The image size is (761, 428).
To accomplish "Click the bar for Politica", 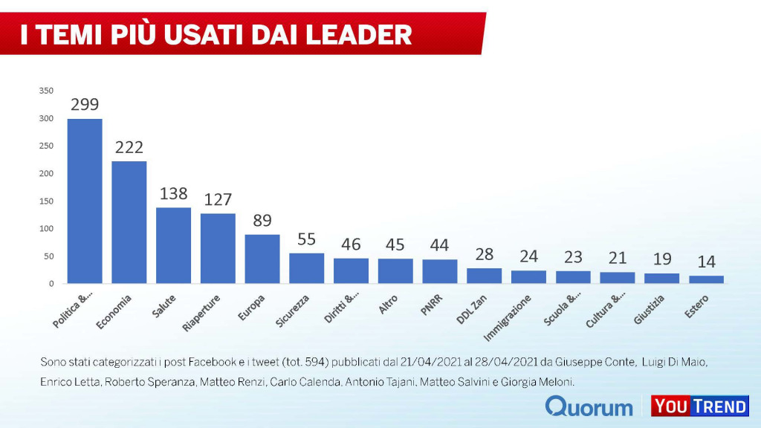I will click(x=85, y=201).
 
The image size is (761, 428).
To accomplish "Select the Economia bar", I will click(x=129, y=222).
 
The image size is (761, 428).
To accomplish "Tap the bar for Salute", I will click(x=173, y=245).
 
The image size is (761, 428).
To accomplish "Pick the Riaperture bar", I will click(x=218, y=248).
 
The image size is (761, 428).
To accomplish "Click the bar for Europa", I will click(x=262, y=259).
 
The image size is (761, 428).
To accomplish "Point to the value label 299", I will click(x=85, y=105).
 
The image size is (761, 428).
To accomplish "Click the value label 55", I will click(x=306, y=239).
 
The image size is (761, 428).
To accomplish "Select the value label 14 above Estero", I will click(x=706, y=262).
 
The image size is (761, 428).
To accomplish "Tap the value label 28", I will click(x=484, y=254).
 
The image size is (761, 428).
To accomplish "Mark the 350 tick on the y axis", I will click(x=46, y=91).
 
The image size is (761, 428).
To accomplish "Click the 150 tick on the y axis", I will click(x=46, y=201).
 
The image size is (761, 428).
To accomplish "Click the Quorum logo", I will click(x=589, y=406).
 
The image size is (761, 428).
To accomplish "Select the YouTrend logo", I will click(x=699, y=406).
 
